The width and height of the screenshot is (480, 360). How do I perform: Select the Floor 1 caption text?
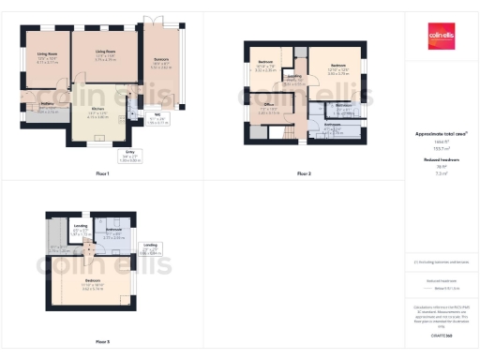click(102, 174)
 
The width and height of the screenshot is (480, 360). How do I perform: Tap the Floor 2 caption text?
click(304, 174)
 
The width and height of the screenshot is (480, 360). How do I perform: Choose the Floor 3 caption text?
click(102, 340)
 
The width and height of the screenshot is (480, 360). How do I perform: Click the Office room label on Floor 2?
click(268, 110)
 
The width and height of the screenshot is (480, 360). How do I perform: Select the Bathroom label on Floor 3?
click(113, 231)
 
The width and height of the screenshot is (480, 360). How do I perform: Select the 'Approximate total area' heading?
click(441, 134)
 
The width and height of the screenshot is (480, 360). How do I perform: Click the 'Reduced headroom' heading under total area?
click(441, 160)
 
